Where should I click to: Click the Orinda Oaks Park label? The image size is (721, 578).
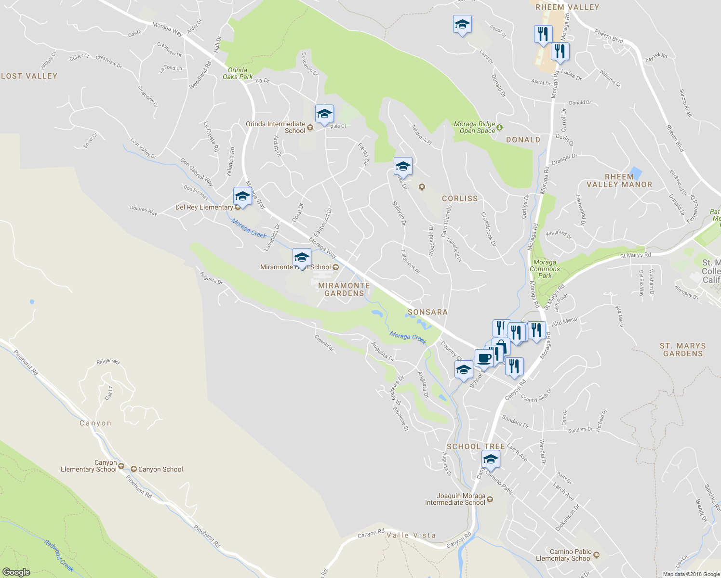[x=238, y=73]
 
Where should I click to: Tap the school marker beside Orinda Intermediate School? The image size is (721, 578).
[x=324, y=114]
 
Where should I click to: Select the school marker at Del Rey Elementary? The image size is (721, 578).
[x=242, y=196]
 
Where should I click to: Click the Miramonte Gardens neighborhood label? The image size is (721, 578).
[x=344, y=289]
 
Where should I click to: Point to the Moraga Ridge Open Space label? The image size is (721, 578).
[x=475, y=127]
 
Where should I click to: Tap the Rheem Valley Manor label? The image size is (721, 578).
[x=619, y=181]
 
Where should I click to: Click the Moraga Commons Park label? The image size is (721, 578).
[x=545, y=269]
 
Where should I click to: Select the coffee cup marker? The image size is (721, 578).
[x=484, y=358]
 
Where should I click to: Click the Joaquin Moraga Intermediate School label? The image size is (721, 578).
[x=455, y=499]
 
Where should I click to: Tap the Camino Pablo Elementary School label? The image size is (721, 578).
[x=564, y=555]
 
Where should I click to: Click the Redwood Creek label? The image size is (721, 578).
[x=59, y=555]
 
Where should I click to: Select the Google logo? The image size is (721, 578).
[x=16, y=572]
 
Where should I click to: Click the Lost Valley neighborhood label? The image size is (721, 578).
[x=29, y=76]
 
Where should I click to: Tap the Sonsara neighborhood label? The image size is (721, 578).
[x=427, y=312]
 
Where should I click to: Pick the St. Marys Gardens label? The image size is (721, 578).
[x=682, y=350]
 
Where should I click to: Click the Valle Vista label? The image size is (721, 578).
[x=411, y=535]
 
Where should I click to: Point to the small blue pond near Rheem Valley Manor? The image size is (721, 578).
[x=636, y=173]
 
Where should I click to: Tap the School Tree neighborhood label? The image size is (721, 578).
[x=476, y=447]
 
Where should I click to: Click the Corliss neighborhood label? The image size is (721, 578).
[x=460, y=198]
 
